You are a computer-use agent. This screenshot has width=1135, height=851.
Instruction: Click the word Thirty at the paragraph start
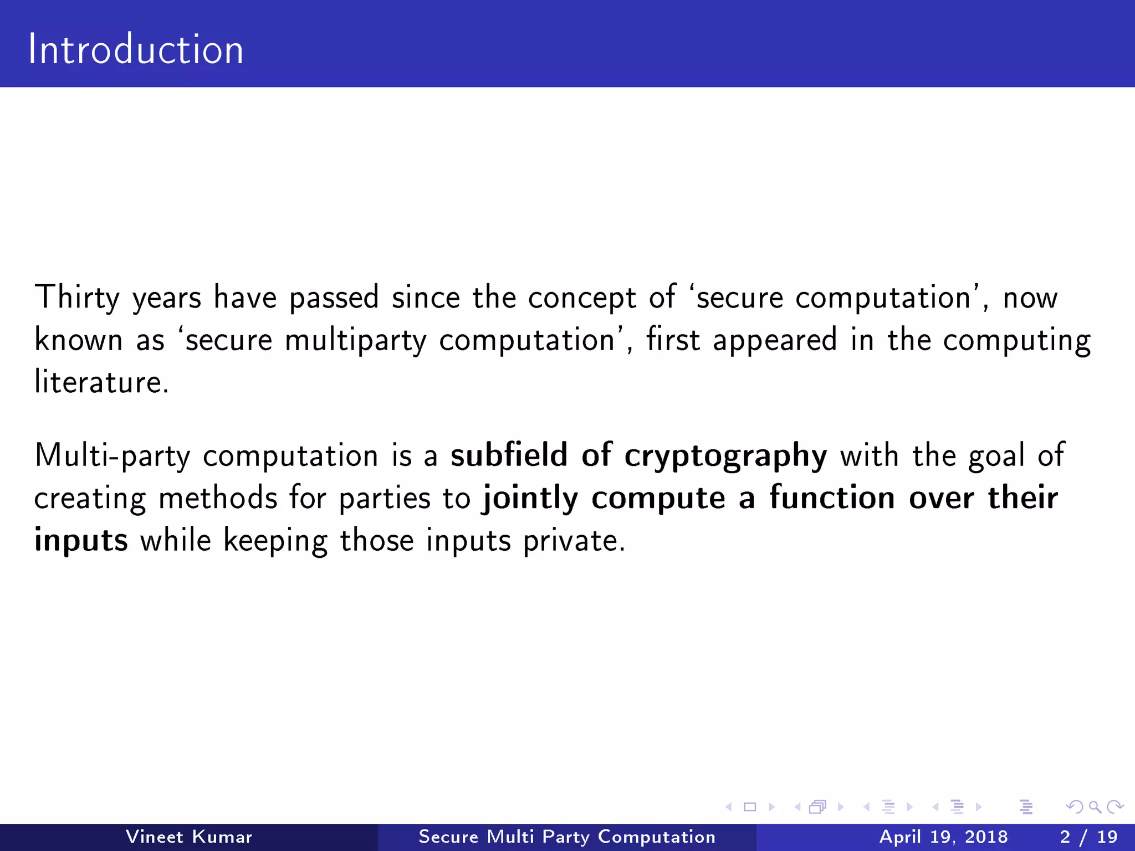click(x=77, y=298)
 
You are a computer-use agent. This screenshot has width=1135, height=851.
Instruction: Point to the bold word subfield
click(x=509, y=455)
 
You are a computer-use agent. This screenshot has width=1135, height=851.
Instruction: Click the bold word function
click(x=832, y=498)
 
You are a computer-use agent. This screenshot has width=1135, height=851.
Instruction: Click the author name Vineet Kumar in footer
click(x=189, y=837)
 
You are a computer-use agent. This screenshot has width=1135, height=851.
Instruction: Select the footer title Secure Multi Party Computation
click(x=567, y=837)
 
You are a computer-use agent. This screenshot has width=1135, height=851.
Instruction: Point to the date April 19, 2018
click(x=943, y=837)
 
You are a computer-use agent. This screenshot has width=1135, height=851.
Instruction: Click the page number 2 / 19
click(x=1088, y=837)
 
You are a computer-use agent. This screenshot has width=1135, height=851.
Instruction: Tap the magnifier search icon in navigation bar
click(x=1095, y=807)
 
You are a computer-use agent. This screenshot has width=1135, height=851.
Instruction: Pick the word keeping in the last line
click(x=275, y=541)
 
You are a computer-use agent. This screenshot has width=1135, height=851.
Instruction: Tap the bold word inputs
click(x=81, y=541)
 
